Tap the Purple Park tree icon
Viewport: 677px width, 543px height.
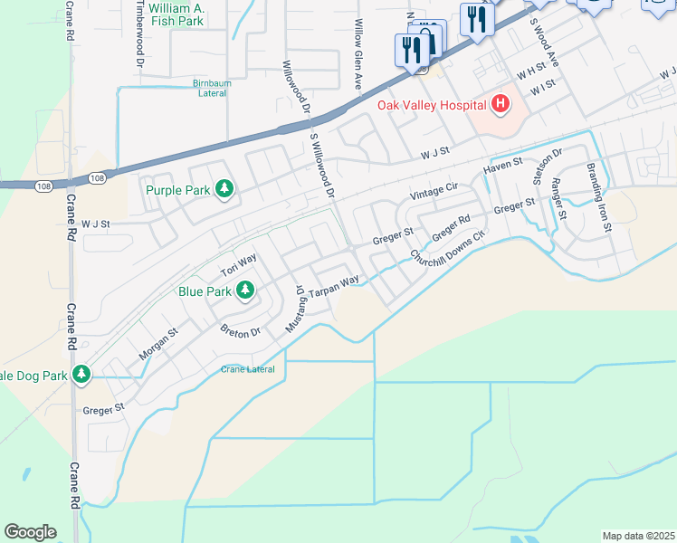pyautogui.click(x=224, y=189)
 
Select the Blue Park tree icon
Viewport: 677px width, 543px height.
pyautogui.click(x=244, y=291)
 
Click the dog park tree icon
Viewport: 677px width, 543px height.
pyautogui.click(x=81, y=374)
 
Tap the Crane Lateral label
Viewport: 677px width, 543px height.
pyautogui.click(x=248, y=369)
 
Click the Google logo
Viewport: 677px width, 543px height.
pyautogui.click(x=30, y=532)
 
